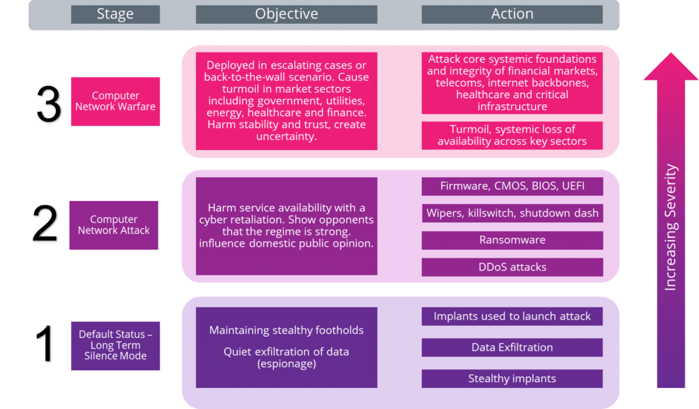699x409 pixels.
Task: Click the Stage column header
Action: pyautogui.click(x=115, y=14)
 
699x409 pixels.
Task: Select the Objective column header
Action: pyautogui.click(x=286, y=14)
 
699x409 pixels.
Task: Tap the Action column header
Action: pyautogui.click(x=512, y=14)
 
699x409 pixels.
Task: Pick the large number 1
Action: pyautogui.click(x=46, y=346)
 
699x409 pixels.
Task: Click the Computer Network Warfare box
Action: pyautogui.click(x=115, y=102)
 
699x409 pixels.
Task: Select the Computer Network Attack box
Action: pyautogui.click(x=113, y=225)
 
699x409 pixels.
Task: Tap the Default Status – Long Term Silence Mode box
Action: pyautogui.click(x=115, y=346)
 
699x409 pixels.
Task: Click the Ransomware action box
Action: pyautogui.click(x=512, y=240)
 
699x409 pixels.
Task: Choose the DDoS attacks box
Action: pyautogui.click(x=512, y=267)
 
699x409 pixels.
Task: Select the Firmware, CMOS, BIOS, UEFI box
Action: pyautogui.click(x=512, y=186)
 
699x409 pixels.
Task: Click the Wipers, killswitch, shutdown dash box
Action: pyautogui.click(x=512, y=213)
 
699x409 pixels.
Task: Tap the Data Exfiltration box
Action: pyautogui.click(x=512, y=348)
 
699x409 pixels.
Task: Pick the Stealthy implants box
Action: pyautogui.click(x=512, y=378)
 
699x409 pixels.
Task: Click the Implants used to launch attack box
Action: pyautogui.click(x=512, y=316)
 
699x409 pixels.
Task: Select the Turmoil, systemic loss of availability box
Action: pyautogui.click(x=512, y=135)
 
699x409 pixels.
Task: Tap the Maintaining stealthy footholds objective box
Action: pyautogui.click(x=286, y=347)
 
